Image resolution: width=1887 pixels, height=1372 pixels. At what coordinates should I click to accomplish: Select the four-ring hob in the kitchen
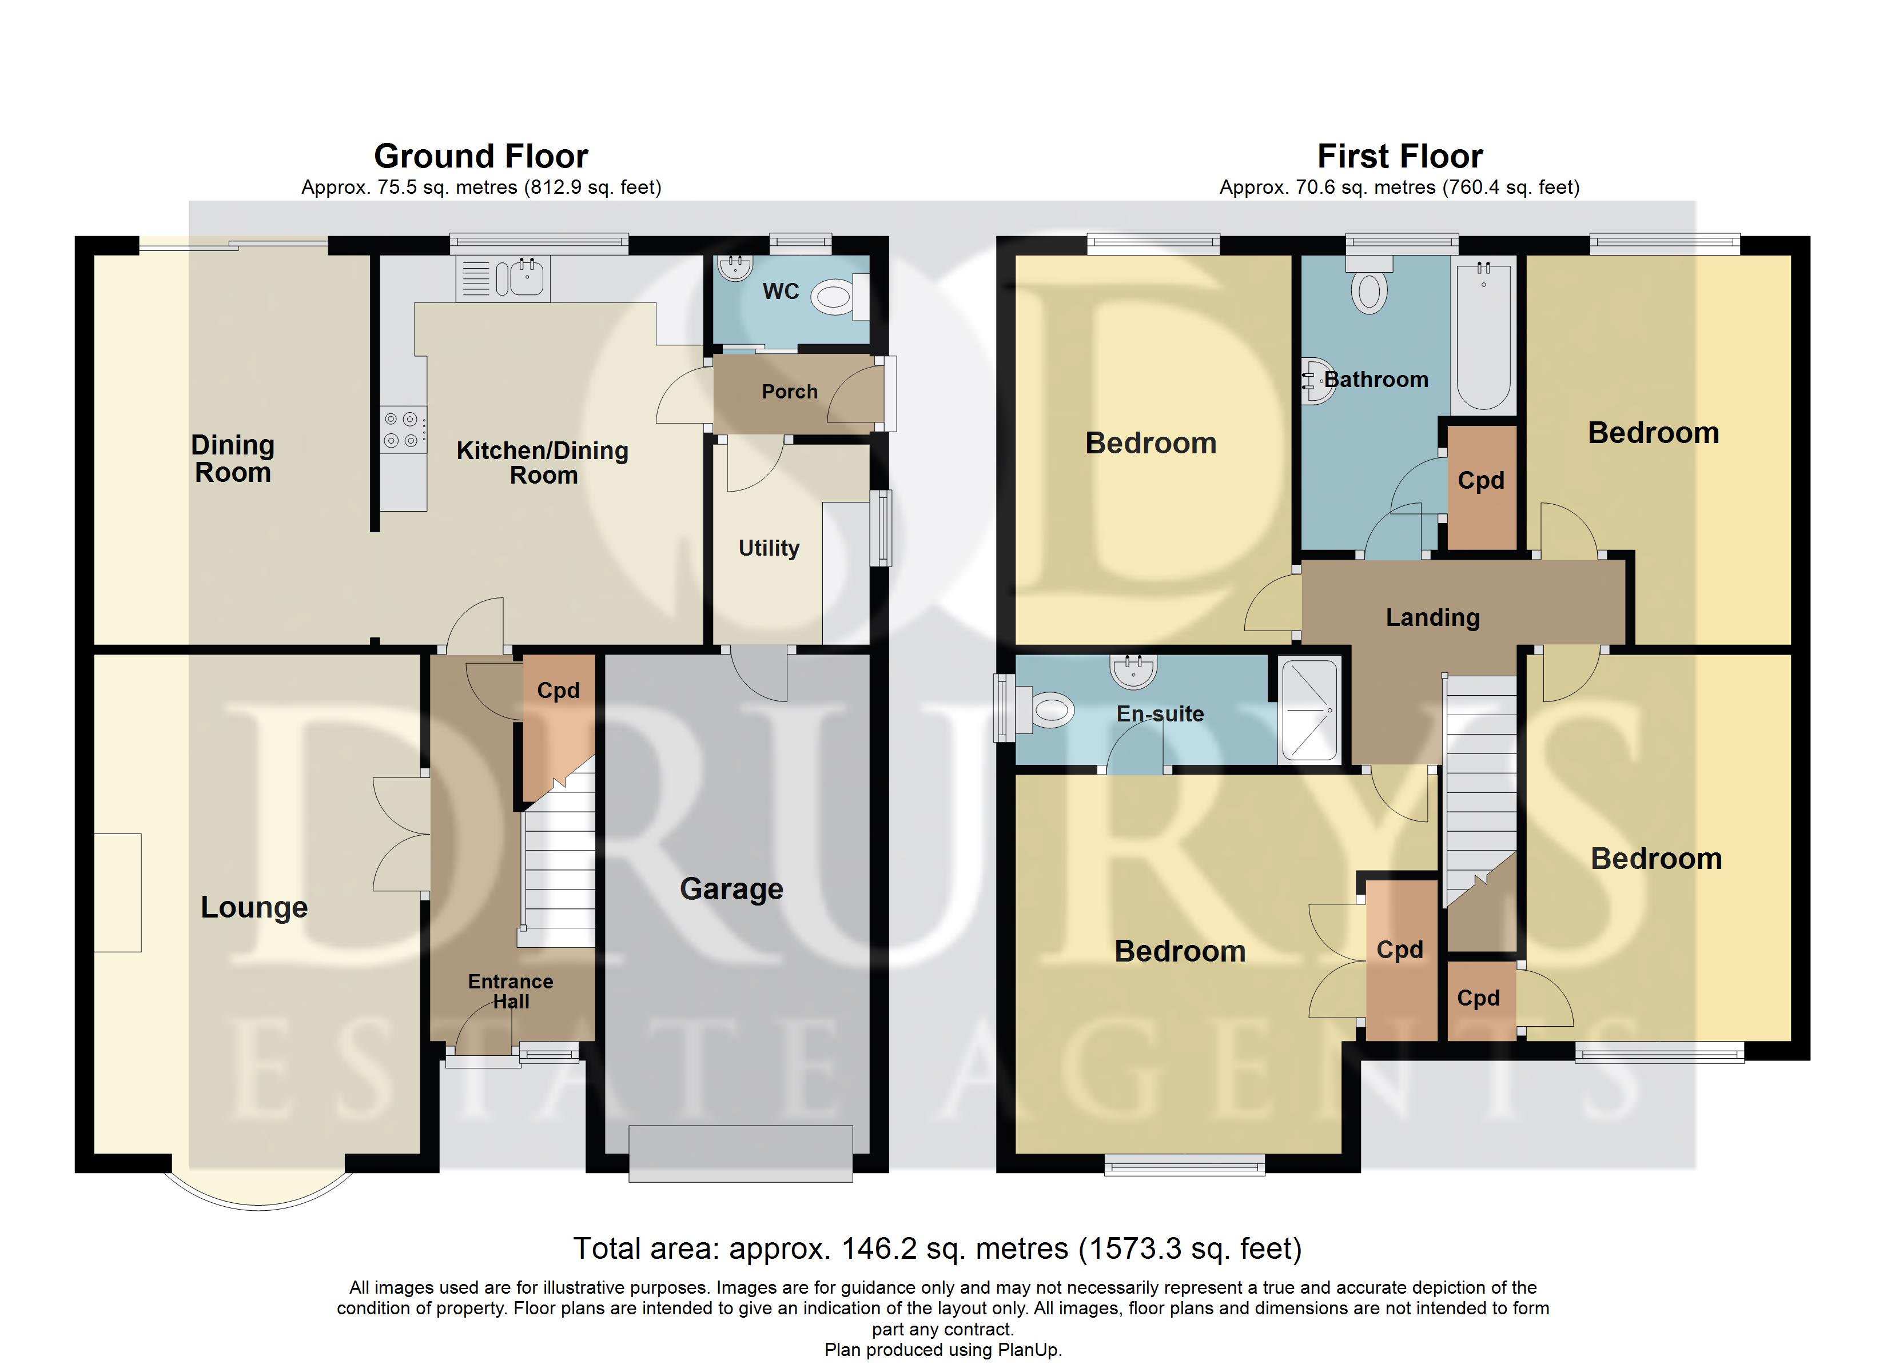point(401,430)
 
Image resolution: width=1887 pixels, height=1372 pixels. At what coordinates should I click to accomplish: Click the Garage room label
point(731,888)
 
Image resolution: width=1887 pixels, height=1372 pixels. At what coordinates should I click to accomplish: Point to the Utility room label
point(769,548)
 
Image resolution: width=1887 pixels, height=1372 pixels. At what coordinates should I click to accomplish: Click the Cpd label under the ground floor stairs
point(558,690)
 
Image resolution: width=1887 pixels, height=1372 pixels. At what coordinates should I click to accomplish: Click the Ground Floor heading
point(481,157)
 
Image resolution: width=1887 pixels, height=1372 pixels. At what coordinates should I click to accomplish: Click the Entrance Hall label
point(510,991)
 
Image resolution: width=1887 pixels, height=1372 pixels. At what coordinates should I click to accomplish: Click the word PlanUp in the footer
point(1030,1350)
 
